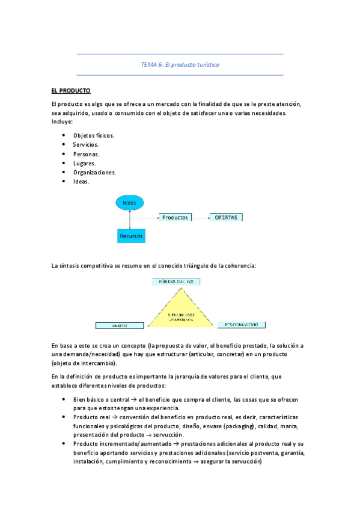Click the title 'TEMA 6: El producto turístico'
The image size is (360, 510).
click(x=180, y=65)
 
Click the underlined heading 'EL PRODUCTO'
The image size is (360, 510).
click(x=70, y=91)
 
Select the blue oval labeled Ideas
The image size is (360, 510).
click(x=129, y=203)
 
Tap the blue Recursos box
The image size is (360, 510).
click(x=130, y=236)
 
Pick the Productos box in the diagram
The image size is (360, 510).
click(x=175, y=217)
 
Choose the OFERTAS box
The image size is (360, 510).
click(x=226, y=217)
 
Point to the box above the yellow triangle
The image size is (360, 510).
click(x=176, y=281)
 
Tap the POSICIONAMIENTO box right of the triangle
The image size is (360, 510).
click(x=241, y=325)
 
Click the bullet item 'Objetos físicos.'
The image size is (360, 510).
click(x=94, y=135)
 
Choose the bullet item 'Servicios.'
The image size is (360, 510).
click(x=86, y=144)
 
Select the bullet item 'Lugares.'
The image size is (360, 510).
click(x=84, y=163)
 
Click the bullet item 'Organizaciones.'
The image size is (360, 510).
click(x=94, y=172)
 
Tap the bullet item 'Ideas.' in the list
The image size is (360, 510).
click(x=81, y=181)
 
